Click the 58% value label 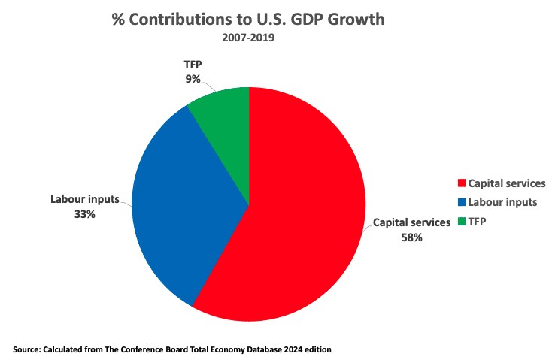(411, 237)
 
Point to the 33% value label (83, 214)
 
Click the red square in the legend (461, 183)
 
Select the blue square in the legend (461, 201)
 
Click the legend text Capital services (506, 183)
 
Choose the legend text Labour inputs (502, 201)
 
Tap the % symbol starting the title (118, 19)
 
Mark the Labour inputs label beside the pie (83, 200)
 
